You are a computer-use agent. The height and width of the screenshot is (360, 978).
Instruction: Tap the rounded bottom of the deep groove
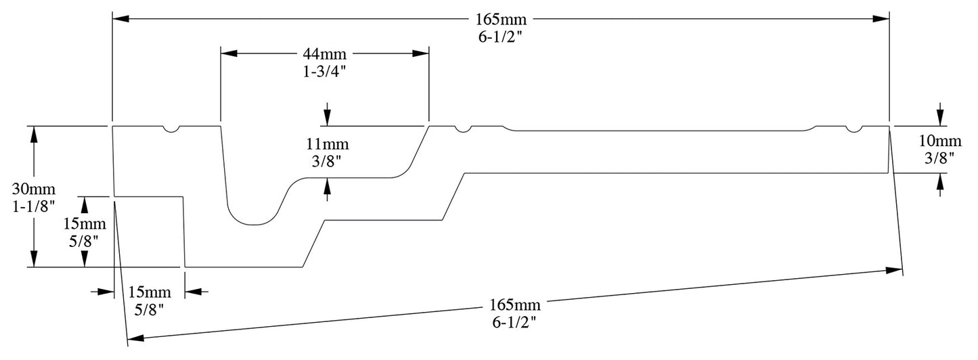(x=254, y=223)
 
